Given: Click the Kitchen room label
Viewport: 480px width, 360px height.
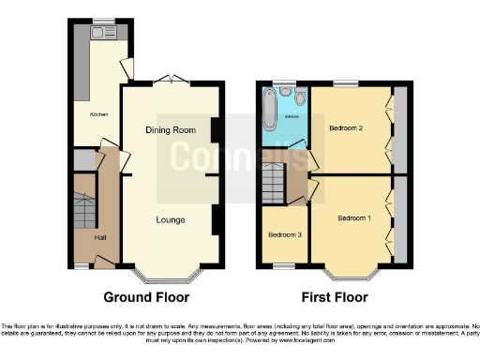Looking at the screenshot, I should click(98, 113).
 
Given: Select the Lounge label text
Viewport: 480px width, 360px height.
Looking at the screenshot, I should click(170, 220).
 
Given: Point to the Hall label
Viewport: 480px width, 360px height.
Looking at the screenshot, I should click(100, 237).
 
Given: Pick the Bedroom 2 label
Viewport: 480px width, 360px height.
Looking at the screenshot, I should click(346, 126).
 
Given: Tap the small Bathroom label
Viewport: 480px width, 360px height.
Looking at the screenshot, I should click(292, 116).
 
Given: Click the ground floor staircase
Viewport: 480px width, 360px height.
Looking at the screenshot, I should click(83, 211).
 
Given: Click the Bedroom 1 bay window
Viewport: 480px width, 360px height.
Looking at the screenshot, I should click(352, 277).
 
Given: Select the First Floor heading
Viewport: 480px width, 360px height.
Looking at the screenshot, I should click(334, 298).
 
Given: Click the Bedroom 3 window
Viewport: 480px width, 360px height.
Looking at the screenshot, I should click(281, 267).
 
